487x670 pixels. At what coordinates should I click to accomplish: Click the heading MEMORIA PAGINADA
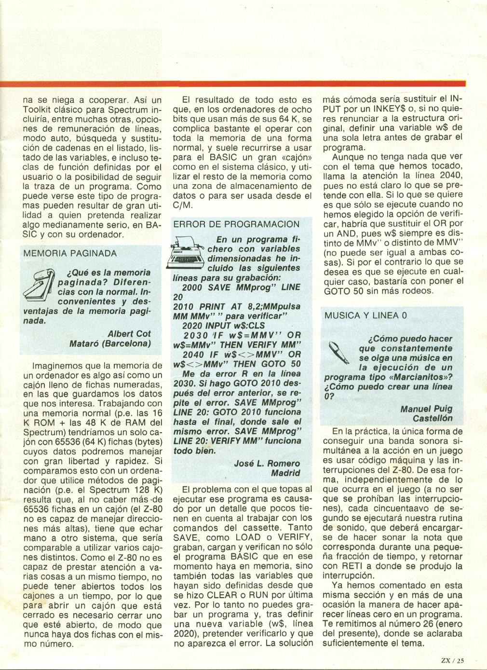pyautogui.click(x=70, y=253)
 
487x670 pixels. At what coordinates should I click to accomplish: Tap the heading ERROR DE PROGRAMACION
pyautogui.click(x=236, y=224)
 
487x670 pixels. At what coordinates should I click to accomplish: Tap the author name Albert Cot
pyautogui.click(x=129, y=333)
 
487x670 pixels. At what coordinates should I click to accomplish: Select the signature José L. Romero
pyautogui.click(x=267, y=463)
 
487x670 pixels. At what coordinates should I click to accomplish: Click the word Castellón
pyautogui.click(x=433, y=418)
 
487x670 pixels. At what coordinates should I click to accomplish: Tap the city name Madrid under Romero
pyautogui.click(x=285, y=473)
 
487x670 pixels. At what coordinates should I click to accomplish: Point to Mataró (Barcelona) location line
pyautogui.click(x=110, y=343)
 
